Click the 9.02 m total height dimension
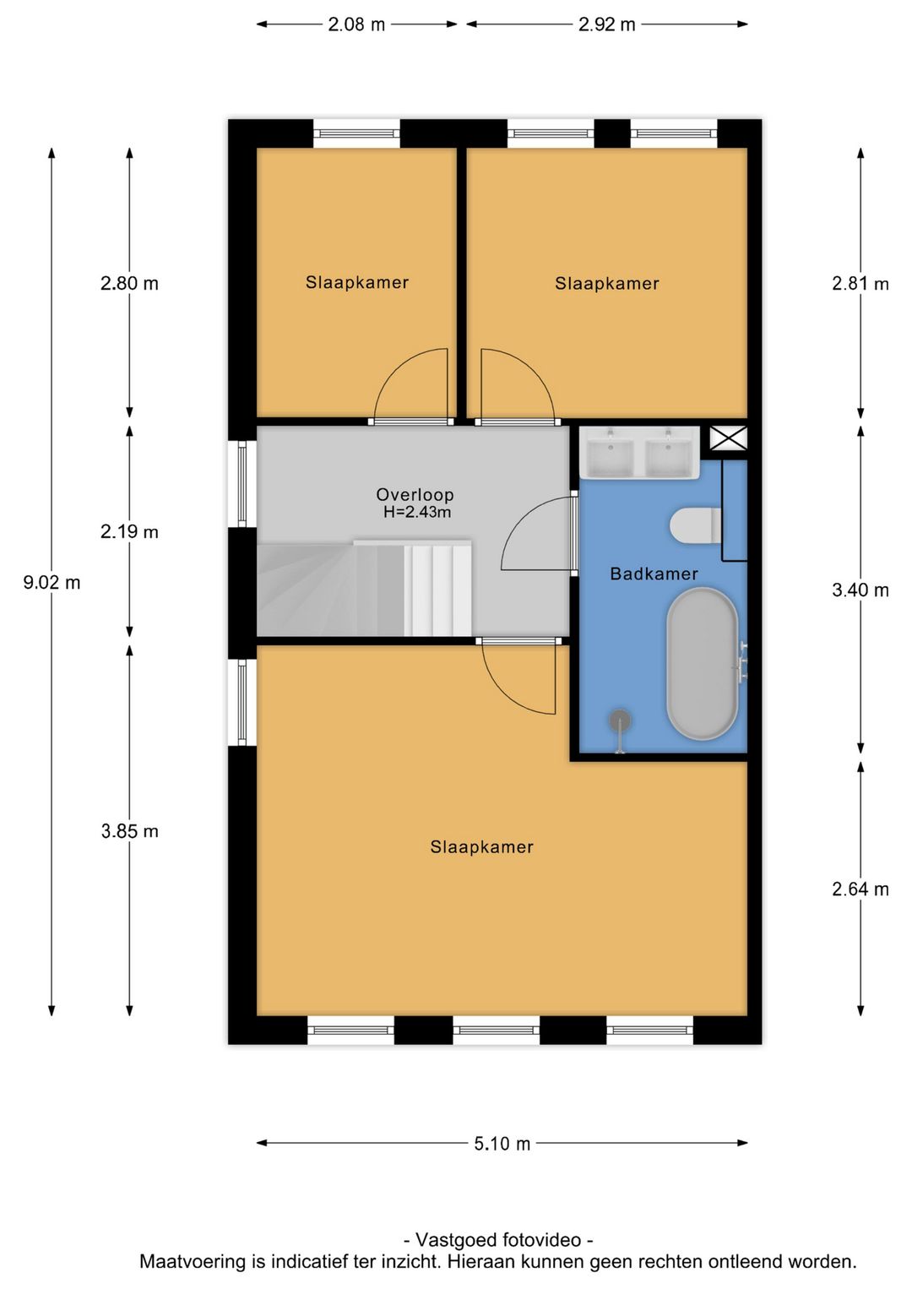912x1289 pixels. click(52, 583)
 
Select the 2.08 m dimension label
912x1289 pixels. click(356, 24)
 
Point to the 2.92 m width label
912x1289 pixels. click(606, 24)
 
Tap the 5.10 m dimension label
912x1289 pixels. click(502, 1144)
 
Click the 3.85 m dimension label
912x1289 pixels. click(129, 831)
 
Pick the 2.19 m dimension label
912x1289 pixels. click(129, 531)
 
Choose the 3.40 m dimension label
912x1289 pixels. click(860, 590)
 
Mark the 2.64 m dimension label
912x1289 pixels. click(860, 889)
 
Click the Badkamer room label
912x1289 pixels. click(654, 574)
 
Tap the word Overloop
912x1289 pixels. click(415, 494)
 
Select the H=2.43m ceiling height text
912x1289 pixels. click(417, 512)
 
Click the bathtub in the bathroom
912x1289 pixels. click(702, 663)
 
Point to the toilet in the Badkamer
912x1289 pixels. click(696, 525)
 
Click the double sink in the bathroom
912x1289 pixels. click(639, 452)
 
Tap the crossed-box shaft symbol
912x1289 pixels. click(728, 438)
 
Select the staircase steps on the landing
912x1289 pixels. click(364, 589)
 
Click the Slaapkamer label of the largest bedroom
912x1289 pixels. click(481, 847)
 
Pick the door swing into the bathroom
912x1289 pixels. click(539, 534)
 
